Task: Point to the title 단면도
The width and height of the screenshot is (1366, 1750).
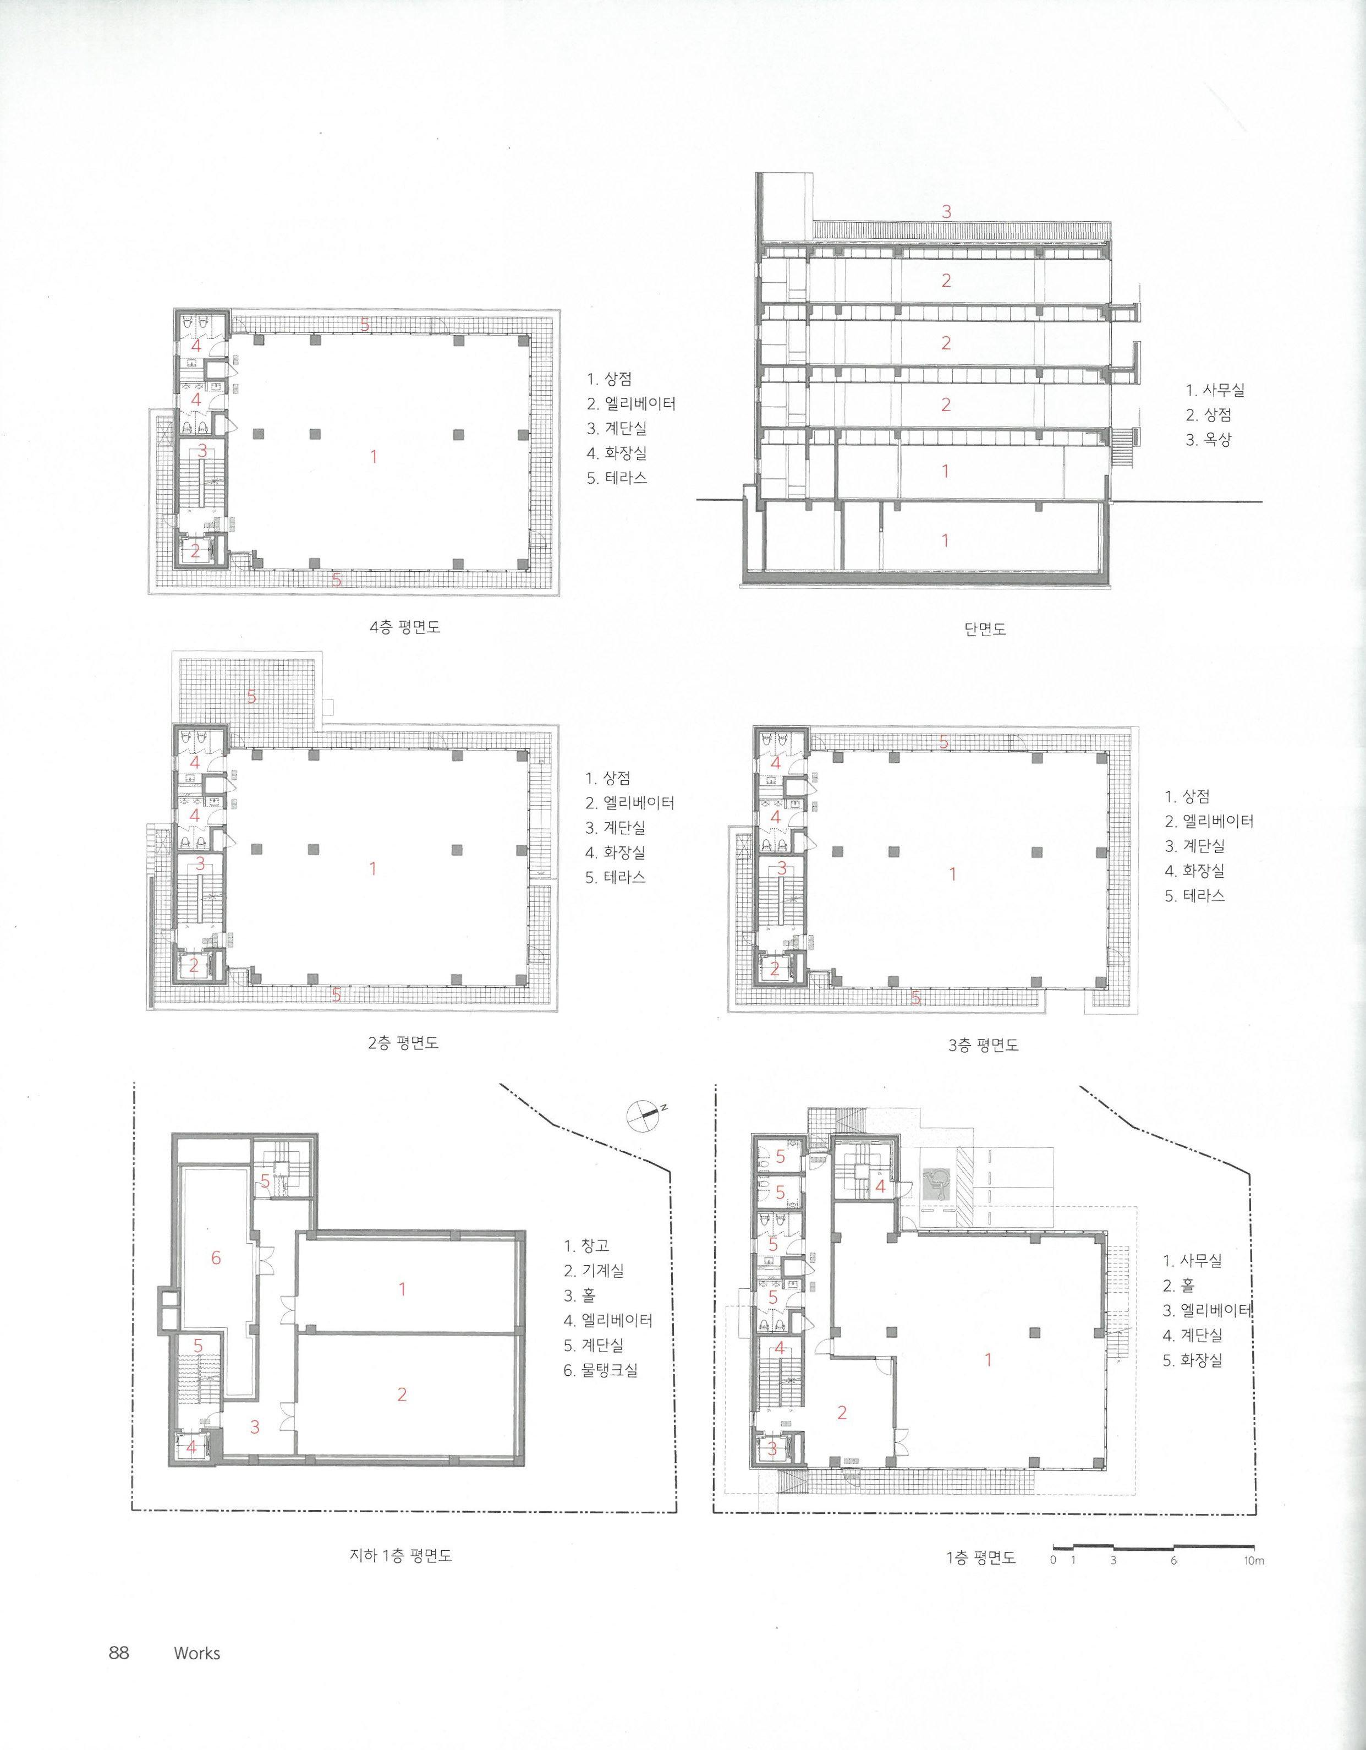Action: click(985, 629)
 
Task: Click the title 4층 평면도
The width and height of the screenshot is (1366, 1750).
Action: click(404, 627)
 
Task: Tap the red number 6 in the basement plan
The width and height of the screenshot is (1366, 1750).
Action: click(216, 1258)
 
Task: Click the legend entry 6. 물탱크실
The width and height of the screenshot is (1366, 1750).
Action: click(601, 1370)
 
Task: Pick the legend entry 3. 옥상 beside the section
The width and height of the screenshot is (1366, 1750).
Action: click(1209, 439)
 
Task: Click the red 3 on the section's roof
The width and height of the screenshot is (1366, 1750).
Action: click(946, 211)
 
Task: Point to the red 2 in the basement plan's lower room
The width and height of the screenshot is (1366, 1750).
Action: click(402, 1395)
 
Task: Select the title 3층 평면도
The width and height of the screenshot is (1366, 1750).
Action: click(983, 1045)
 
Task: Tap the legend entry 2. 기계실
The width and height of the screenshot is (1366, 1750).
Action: click(594, 1270)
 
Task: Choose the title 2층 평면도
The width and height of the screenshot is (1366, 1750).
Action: click(403, 1043)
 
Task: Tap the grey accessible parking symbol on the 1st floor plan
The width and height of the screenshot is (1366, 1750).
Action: click(934, 1184)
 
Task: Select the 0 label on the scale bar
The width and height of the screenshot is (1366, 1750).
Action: click(1054, 1561)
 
